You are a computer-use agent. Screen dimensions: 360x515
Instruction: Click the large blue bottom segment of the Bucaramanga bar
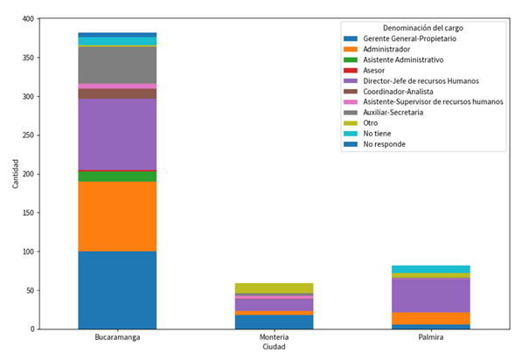click(117, 290)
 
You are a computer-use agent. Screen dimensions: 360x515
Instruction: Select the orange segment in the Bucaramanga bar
click(117, 217)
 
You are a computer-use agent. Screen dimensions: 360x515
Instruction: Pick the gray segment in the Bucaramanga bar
click(117, 65)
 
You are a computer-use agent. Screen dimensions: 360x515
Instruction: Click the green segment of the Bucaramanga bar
click(117, 177)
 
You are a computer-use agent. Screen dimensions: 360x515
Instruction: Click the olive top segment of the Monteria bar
click(274, 288)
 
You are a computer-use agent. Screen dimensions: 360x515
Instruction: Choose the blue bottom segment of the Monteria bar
click(274, 322)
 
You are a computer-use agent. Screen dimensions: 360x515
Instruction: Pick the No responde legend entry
click(395, 144)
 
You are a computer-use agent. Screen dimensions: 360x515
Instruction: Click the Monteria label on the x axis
click(274, 336)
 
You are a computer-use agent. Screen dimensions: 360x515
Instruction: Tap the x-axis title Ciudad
click(274, 347)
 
